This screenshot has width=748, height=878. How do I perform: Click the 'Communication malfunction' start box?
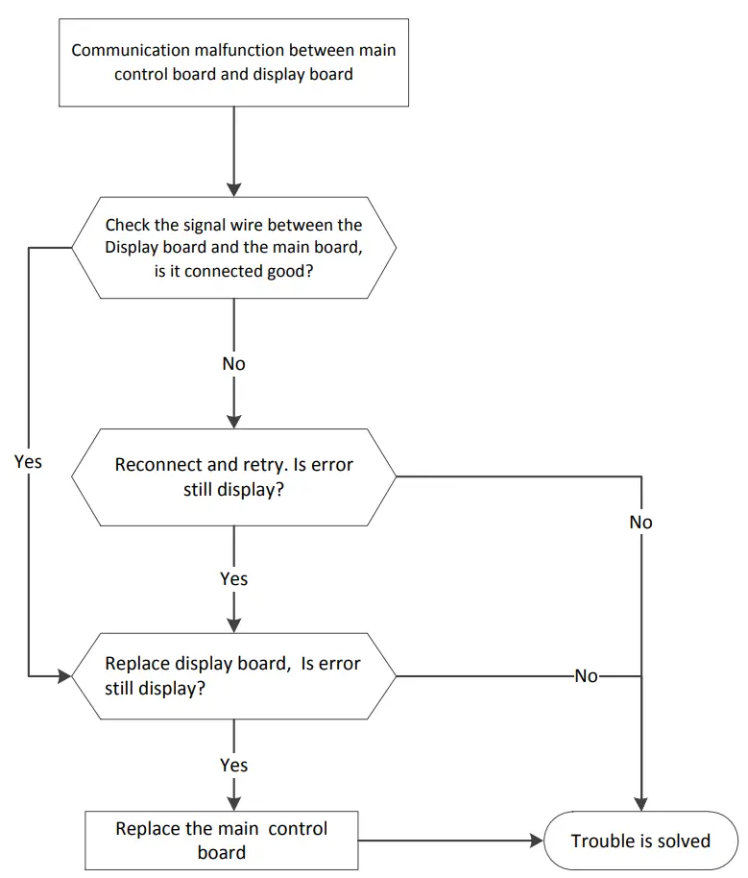click(233, 61)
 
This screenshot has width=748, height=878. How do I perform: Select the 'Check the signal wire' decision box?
click(233, 248)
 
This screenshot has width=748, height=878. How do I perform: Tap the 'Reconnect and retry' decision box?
click(233, 476)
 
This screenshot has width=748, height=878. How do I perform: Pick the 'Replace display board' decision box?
click(233, 676)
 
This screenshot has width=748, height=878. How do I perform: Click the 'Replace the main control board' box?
click(221, 841)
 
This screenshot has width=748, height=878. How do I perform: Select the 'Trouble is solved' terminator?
click(640, 841)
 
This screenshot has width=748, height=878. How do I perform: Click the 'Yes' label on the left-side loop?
click(29, 461)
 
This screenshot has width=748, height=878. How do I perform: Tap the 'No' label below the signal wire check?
click(233, 364)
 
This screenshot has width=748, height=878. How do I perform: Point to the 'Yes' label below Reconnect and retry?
click(233, 578)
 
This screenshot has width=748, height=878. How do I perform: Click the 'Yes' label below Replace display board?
click(233, 765)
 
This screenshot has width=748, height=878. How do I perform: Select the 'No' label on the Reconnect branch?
click(640, 522)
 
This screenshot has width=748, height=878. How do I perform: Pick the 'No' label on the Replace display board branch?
click(586, 676)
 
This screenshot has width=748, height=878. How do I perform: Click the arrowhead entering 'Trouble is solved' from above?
click(640, 805)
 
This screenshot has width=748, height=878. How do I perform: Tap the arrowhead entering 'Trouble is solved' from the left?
click(536, 841)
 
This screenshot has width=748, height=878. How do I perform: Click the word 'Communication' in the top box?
click(123, 50)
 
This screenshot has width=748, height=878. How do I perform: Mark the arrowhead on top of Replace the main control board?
click(233, 804)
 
